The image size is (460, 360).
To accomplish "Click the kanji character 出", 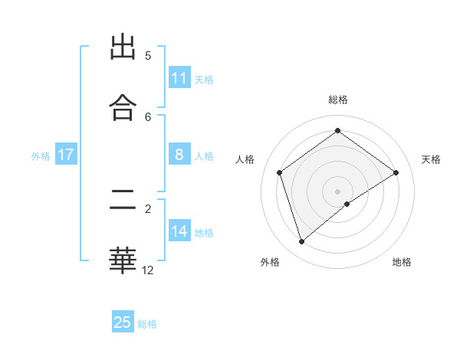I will click(123, 47).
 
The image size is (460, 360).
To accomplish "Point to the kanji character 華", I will click(123, 260).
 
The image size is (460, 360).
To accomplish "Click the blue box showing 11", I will click(179, 78).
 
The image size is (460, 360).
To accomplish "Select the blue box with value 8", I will click(179, 155).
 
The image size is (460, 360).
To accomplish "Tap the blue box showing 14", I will click(179, 231).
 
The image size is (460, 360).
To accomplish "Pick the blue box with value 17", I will click(66, 155).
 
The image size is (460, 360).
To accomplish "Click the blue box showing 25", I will click(123, 322).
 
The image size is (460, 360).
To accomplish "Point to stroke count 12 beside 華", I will click(148, 270).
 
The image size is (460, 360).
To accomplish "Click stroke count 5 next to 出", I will click(148, 56).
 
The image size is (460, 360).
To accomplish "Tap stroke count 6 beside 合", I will click(148, 116).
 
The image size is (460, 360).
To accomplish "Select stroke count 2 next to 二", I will click(148, 208).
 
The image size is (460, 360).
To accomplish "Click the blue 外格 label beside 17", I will click(41, 155).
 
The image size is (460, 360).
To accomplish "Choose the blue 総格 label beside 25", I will click(147, 323).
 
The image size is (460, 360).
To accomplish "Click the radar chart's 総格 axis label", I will click(338, 100).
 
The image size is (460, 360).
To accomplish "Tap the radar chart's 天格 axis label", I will click(432, 159).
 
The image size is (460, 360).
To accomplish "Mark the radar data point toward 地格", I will click(347, 204).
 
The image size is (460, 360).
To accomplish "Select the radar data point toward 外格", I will click(301, 242).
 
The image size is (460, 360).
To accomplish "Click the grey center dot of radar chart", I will click(338, 191).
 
